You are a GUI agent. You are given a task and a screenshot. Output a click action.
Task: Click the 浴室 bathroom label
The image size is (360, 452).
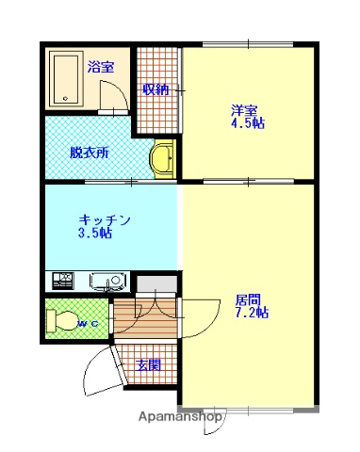coord(101,67)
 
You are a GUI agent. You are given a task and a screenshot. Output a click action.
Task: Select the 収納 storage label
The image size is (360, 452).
coord(156,89)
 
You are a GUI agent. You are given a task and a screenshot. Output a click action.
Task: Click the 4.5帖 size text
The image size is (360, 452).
coord(247,123)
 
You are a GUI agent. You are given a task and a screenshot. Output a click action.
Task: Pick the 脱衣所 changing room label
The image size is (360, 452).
coord(89,152)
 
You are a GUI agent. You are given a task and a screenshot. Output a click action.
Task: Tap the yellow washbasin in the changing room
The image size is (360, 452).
coord(162,158)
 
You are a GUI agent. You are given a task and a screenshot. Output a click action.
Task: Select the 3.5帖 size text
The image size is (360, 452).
coord(94,234)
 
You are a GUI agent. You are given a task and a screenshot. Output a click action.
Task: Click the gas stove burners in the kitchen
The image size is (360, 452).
coord(63,280)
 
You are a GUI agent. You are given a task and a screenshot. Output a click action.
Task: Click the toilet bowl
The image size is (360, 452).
coord(63,319)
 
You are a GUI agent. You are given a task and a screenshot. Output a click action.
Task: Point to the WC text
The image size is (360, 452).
coord(87,324)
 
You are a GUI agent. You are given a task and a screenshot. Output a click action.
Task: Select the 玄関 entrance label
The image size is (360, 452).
coord(148,364)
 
